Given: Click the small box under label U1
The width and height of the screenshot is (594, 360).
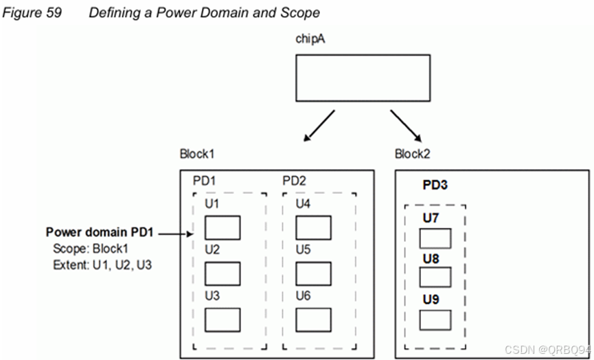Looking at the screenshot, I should click(222, 227).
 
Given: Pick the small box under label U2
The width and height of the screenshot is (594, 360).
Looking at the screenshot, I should click(222, 273).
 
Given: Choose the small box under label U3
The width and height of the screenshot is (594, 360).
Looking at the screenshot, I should click(222, 319).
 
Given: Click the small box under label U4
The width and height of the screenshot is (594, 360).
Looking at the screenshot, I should click(314, 227).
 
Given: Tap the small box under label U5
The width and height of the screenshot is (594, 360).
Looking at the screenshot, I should click(314, 273).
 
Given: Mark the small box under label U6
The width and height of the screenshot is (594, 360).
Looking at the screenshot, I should click(314, 319).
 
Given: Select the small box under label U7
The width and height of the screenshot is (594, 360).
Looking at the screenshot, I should click(435, 238).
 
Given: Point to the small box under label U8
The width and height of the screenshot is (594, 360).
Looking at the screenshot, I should click(435, 277).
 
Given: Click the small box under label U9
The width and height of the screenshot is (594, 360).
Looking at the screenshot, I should click(435, 320).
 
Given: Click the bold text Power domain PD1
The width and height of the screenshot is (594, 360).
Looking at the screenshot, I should click(101, 233).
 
